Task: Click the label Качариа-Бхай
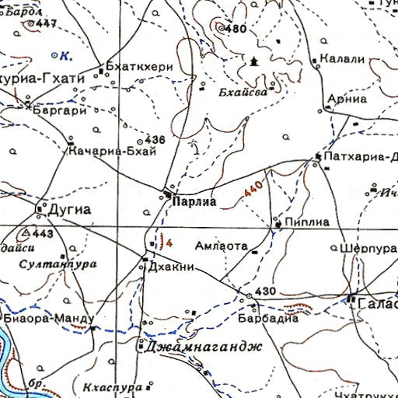(113, 151)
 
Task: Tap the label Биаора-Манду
(48, 319)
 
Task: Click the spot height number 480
(235, 29)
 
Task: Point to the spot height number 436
(155, 140)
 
